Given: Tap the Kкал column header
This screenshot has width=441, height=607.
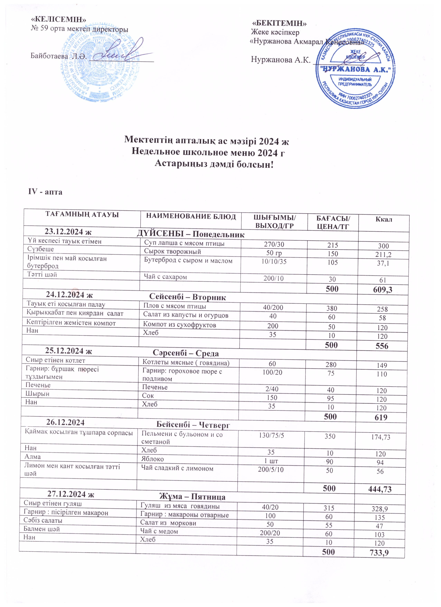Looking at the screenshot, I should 384,219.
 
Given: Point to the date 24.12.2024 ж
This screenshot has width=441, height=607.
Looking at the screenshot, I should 69,295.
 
